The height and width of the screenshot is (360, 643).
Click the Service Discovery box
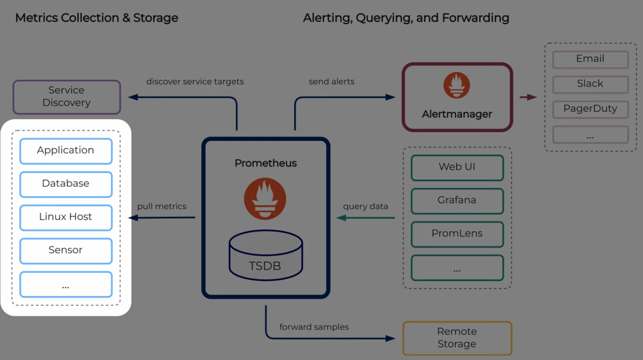(67, 97)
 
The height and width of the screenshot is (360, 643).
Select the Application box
(66, 151)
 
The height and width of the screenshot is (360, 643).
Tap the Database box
(66, 184)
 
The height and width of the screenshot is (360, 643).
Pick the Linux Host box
(66, 218)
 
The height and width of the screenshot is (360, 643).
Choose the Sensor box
(66, 251)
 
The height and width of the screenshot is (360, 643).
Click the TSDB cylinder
(266, 255)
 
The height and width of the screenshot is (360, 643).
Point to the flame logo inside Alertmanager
(457, 85)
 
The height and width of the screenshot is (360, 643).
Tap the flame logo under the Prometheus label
(265, 199)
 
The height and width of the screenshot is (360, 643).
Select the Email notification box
(590, 59)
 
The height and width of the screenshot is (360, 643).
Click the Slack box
(590, 84)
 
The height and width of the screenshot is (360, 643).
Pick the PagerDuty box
(590, 109)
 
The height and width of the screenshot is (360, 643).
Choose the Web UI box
(457, 168)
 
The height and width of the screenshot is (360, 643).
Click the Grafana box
(457, 201)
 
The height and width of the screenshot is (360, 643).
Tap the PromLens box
(457, 234)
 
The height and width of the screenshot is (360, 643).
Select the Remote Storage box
(457, 338)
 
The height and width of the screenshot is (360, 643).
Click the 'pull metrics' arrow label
(162, 206)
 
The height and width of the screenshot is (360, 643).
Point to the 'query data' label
(366, 207)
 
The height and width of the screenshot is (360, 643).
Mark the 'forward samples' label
(314, 327)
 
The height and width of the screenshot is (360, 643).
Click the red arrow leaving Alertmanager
(528, 97)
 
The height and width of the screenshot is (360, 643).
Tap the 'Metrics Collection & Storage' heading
(96, 18)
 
